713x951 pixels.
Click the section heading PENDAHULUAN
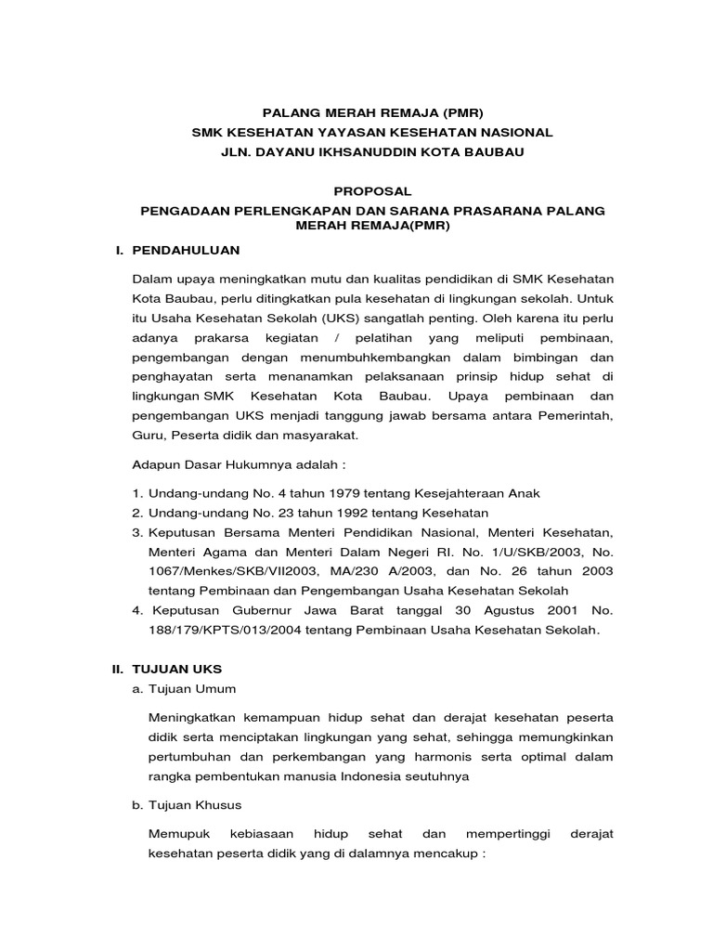[187, 251]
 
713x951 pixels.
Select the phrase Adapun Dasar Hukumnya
[205, 464]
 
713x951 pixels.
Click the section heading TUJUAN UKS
[179, 669]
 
